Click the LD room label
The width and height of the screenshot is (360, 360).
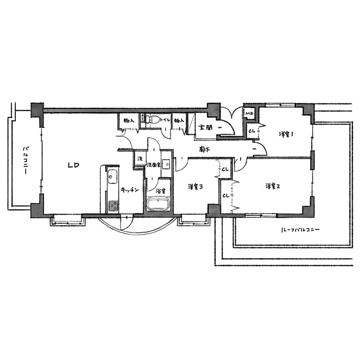click(x=73, y=165)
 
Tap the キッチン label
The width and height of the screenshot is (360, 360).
click(x=130, y=189)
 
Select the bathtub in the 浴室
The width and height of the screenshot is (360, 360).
click(x=158, y=203)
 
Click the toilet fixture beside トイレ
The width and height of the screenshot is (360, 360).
click(x=153, y=119)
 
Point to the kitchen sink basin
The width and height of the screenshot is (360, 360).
click(x=112, y=177)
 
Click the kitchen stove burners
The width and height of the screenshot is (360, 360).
click(x=113, y=206)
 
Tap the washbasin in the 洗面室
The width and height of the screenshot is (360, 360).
click(x=166, y=164)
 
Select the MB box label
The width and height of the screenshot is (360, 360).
click(x=249, y=113)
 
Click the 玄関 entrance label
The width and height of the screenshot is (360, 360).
click(x=205, y=128)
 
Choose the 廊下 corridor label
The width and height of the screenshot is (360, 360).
click(x=204, y=150)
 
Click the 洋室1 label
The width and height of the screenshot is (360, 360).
click(x=286, y=134)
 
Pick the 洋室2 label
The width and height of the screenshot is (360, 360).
click(x=273, y=186)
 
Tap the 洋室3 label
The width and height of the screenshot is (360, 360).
click(x=195, y=187)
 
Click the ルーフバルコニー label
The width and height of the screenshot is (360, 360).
click(x=300, y=229)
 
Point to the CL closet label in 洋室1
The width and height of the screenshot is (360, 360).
click(x=252, y=131)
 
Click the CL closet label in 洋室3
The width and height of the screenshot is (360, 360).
click(x=225, y=170)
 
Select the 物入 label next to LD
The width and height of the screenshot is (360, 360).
click(x=129, y=120)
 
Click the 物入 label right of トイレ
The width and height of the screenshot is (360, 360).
click(x=179, y=120)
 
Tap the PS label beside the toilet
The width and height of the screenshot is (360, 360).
click(x=142, y=117)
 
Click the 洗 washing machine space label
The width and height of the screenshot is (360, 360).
click(x=140, y=158)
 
